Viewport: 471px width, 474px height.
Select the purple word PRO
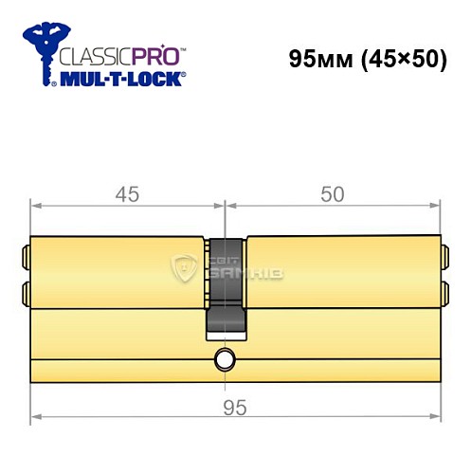156,56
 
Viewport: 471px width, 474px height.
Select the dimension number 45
127,194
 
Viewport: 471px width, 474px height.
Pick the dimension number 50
332,194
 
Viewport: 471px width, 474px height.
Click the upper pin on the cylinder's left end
26,255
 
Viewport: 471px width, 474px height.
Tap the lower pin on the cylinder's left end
26,289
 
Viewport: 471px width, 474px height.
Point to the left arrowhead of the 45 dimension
35,204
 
